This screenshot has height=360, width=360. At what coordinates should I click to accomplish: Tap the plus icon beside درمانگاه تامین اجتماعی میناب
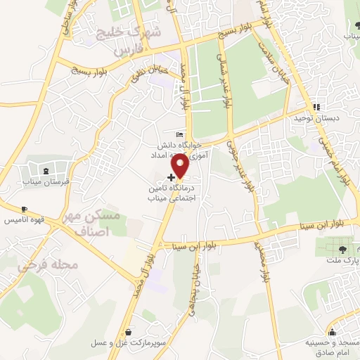point(172,177)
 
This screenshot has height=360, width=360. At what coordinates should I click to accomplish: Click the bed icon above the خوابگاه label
point(179,134)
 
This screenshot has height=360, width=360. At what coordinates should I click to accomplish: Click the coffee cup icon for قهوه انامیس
point(24,210)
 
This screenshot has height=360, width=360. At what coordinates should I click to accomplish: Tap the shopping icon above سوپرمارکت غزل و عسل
point(128,333)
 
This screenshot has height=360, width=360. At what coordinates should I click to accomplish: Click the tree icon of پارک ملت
point(342,250)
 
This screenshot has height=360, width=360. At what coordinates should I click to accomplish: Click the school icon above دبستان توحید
point(316,107)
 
